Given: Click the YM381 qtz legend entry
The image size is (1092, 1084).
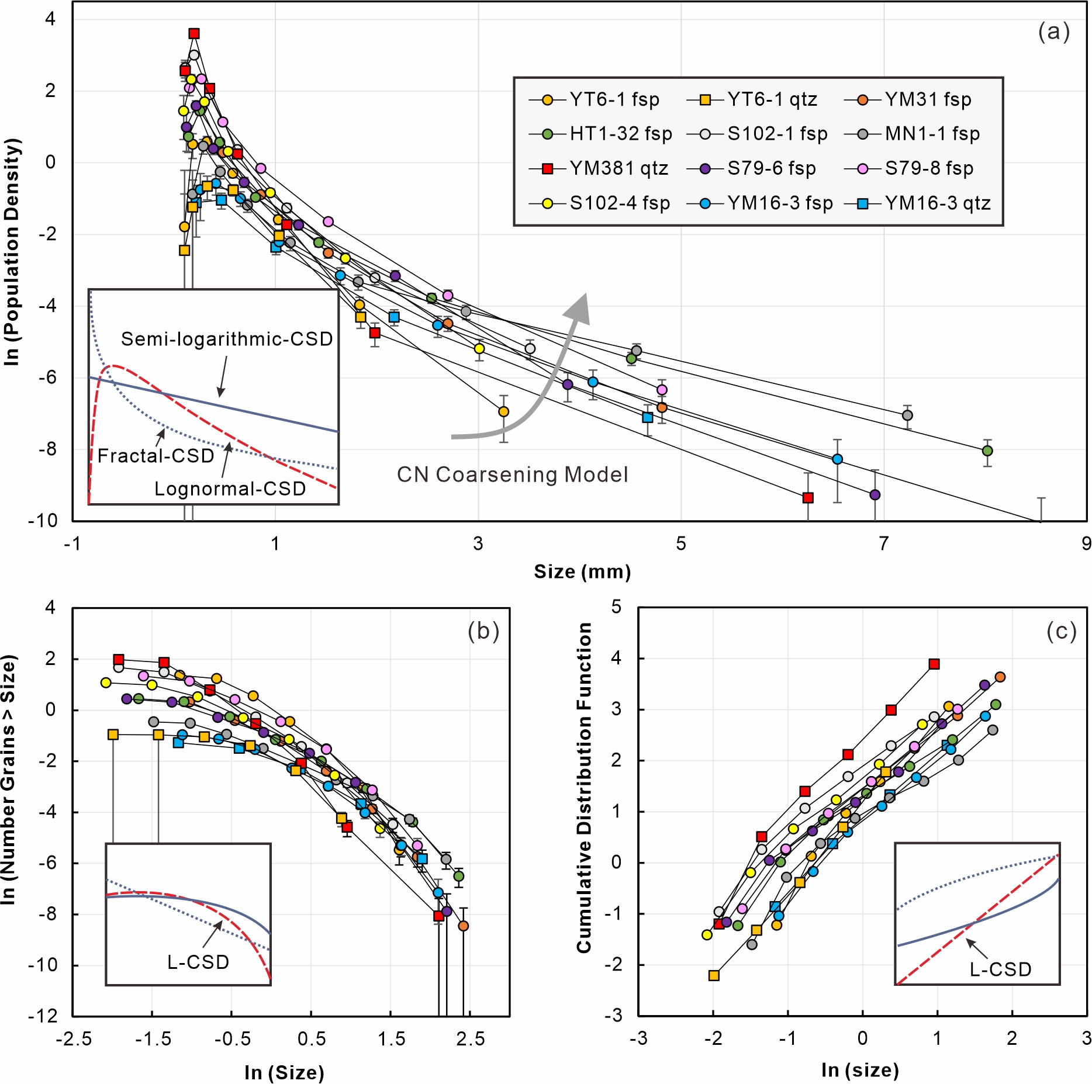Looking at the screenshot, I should [599, 168].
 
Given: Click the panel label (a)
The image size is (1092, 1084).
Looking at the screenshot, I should [1053, 32].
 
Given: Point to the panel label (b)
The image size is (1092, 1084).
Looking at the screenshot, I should [483, 631].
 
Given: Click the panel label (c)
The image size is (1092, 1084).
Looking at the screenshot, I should [1061, 631].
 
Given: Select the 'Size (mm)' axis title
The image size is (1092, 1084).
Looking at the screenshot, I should [582, 572].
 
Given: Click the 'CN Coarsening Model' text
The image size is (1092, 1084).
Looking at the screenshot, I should [512, 475].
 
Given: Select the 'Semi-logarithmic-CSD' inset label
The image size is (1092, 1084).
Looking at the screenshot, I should [227, 339].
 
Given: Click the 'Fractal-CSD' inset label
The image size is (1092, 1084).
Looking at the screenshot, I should [156, 456].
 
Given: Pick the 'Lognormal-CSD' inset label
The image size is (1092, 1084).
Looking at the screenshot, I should [230, 489].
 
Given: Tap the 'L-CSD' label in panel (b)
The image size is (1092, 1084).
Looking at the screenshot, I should [198, 962].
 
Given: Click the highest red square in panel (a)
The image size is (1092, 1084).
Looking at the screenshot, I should [194, 33].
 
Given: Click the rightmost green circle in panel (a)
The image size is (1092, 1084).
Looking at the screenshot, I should [987, 451].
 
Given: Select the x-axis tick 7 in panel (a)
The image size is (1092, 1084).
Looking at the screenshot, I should [884, 544].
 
